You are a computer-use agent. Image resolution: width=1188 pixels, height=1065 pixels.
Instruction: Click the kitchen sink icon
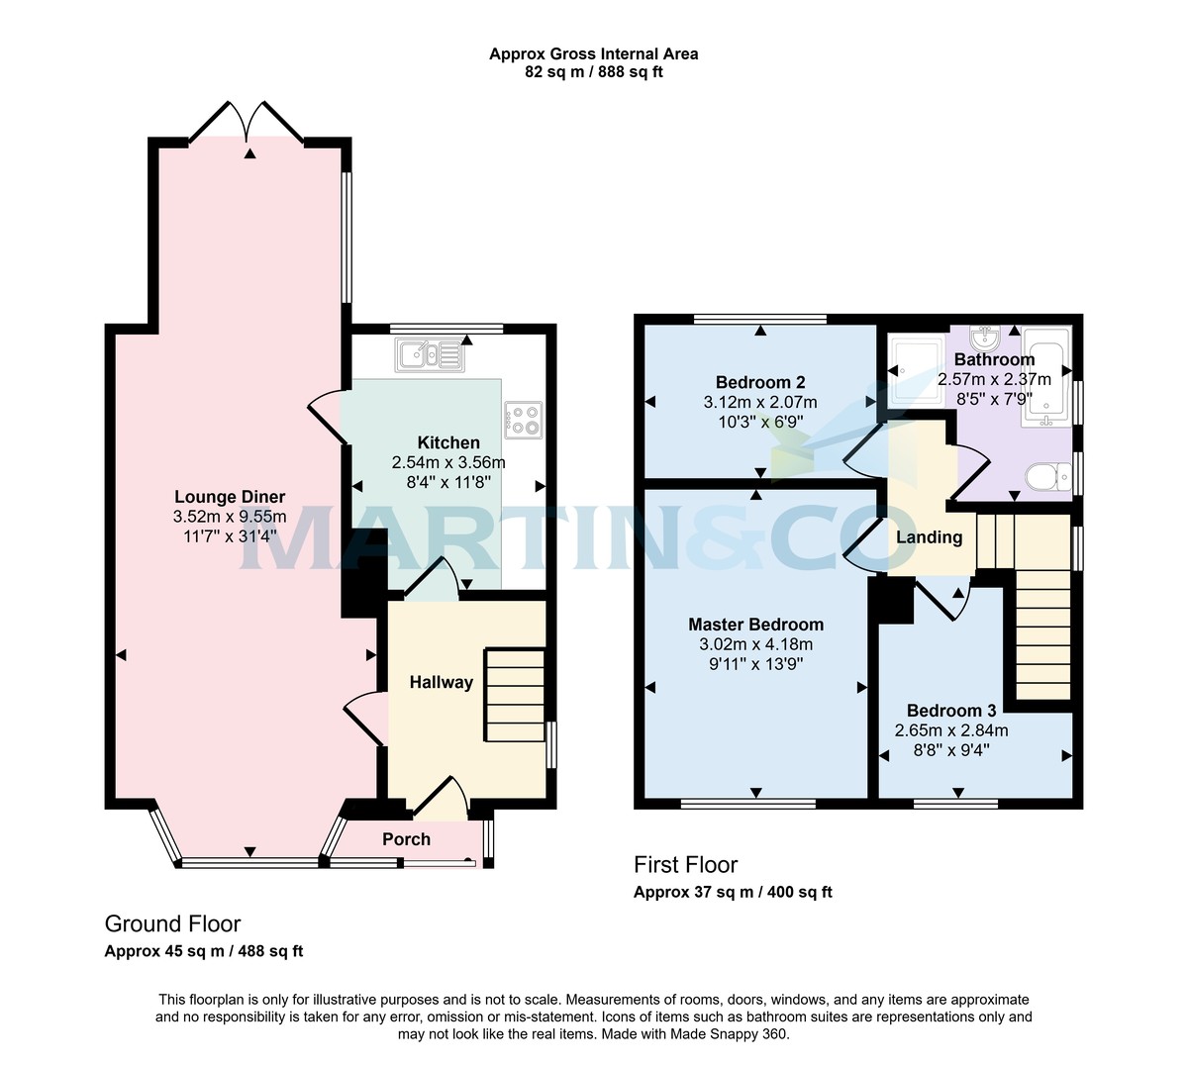430,354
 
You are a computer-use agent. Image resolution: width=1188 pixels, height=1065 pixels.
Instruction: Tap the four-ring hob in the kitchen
523,420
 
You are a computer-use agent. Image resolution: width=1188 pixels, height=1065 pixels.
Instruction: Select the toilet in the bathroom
1048,477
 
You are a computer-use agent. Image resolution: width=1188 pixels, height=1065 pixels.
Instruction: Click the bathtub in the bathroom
1046,376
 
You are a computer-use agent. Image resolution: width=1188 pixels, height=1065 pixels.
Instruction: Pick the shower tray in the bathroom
916,371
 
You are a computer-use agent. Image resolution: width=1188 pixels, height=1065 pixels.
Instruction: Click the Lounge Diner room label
230,497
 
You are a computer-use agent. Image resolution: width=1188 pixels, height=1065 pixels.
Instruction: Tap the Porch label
406,839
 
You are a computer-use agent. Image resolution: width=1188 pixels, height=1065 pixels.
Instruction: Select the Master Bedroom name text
755,624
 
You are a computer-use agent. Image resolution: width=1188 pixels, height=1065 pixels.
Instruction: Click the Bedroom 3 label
951,711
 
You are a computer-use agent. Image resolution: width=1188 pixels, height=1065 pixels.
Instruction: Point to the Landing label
930,537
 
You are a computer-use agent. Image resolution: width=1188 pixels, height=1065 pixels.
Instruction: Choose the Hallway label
441,682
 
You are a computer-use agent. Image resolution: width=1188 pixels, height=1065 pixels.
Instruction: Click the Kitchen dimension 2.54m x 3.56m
448,462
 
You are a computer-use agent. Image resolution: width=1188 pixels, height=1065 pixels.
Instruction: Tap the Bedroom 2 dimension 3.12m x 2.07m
760,402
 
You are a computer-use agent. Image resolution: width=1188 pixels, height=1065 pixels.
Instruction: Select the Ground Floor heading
172,923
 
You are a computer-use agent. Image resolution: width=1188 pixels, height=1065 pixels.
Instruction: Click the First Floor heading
685,864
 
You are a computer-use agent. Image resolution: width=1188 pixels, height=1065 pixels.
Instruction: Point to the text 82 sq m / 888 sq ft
593,72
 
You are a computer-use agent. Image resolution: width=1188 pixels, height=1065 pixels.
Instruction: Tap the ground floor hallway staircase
514,695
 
